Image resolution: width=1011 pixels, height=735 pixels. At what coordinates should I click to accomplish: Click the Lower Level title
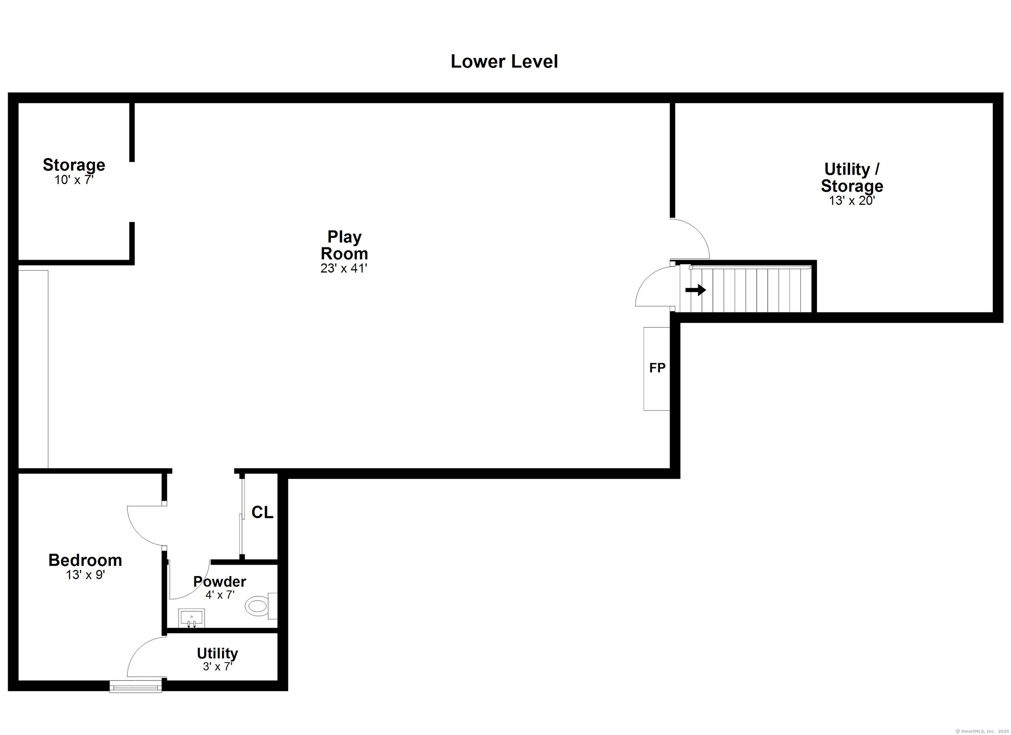tap(504, 62)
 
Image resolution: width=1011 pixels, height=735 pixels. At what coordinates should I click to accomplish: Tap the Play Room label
tap(344, 245)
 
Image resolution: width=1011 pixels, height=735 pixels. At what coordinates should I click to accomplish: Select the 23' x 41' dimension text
tap(344, 268)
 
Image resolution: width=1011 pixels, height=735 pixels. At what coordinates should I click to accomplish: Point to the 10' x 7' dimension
tap(74, 180)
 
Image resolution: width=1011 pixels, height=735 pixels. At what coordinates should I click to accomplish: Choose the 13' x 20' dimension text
tap(852, 201)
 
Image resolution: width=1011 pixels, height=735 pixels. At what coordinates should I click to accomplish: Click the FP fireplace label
tap(657, 368)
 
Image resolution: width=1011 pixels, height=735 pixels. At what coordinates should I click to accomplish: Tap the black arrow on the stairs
tap(695, 290)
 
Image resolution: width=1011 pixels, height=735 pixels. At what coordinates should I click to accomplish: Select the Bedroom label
tap(85, 560)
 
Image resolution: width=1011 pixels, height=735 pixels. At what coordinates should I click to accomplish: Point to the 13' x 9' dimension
tap(85, 575)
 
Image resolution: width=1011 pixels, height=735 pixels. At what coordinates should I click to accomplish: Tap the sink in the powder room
tap(192, 619)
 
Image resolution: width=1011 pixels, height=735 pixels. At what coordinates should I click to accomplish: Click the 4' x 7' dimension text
tap(220, 595)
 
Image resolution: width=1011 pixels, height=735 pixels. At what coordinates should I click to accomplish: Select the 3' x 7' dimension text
tap(218, 667)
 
